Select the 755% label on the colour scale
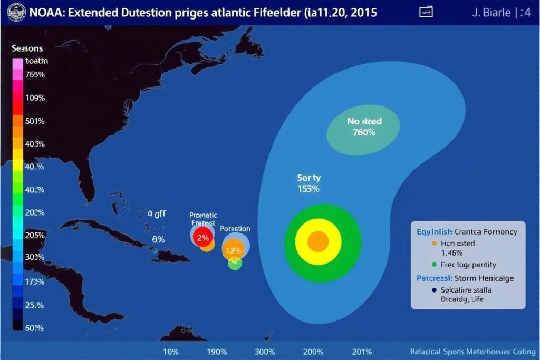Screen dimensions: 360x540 (x=35, y=75)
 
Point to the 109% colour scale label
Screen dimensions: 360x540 (x=35, y=98)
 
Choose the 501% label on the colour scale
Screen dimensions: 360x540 (x=35, y=121)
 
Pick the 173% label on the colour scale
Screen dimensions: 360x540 (x=35, y=281)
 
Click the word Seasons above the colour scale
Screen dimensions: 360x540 (x=27, y=48)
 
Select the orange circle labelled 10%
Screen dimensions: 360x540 (x=233, y=250)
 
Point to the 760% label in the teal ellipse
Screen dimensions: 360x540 (x=364, y=133)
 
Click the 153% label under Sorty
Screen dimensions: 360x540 (x=308, y=189)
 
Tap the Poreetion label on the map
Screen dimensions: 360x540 (x=235, y=229)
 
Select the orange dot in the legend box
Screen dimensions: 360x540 (x=434, y=244)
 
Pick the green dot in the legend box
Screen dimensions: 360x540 (x=434, y=265)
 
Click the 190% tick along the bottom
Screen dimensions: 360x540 (x=217, y=352)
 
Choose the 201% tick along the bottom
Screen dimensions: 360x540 (x=361, y=352)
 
